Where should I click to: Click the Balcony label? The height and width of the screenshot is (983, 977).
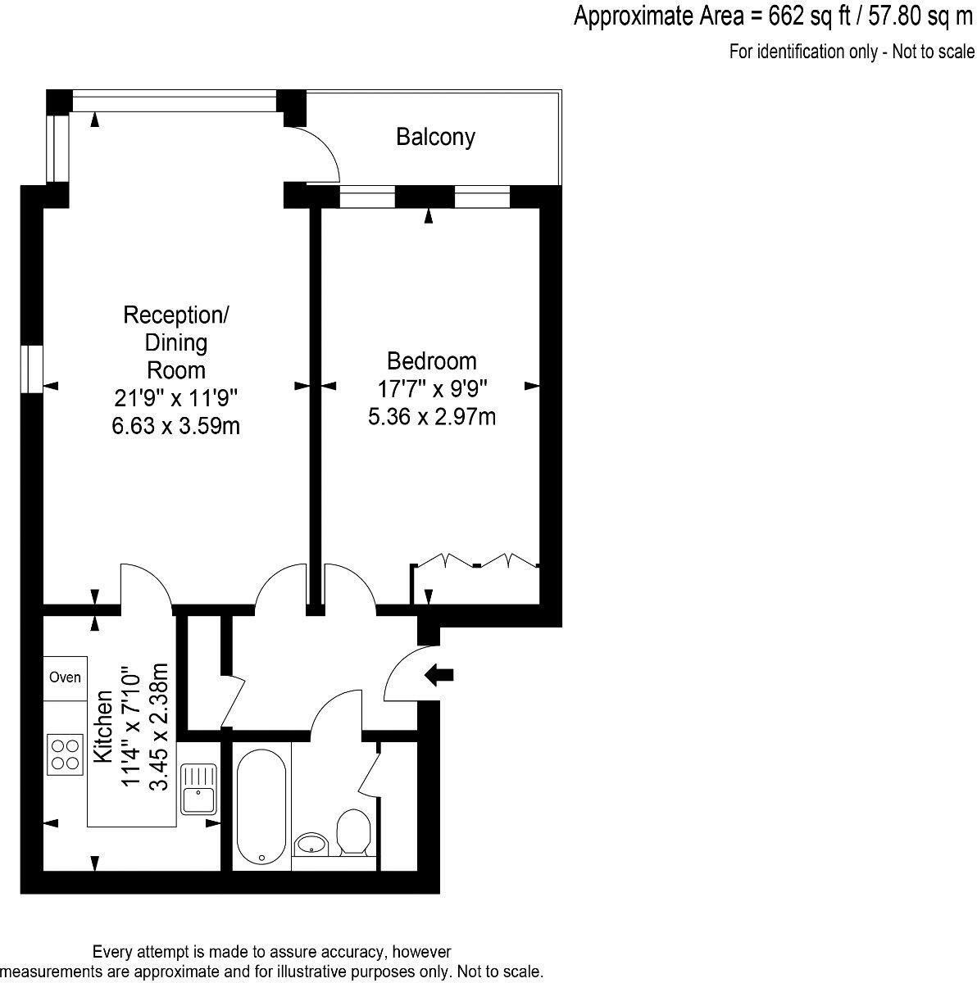tap(435, 137)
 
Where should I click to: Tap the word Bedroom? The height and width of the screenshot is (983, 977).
tap(431, 360)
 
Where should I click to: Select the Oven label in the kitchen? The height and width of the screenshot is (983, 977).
tap(65, 677)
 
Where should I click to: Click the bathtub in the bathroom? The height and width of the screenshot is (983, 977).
tap(261, 806)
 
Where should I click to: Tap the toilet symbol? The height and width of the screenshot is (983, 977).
tap(354, 831)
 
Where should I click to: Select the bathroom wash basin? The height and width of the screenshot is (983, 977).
tap(311, 843)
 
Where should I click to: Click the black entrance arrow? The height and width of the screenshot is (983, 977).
tap(439, 675)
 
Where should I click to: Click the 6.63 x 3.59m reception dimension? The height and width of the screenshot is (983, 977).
tap(175, 426)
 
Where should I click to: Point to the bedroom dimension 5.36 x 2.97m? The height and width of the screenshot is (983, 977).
tap(431, 417)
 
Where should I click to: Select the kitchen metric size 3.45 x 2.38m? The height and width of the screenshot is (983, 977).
tap(160, 726)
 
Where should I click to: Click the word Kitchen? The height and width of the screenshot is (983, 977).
tap(103, 726)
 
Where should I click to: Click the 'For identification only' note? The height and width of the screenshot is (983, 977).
tap(852, 52)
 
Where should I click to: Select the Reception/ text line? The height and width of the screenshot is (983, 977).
tap(175, 315)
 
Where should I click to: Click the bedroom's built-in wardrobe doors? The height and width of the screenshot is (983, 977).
tap(476, 563)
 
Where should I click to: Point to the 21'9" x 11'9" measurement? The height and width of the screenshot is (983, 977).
tap(175, 398)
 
